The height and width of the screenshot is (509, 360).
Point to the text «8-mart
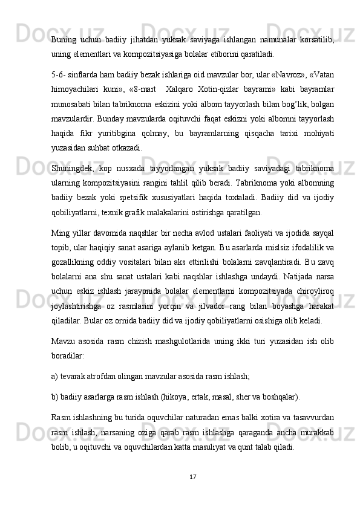point(141,87)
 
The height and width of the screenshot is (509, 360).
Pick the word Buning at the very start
point(64,39)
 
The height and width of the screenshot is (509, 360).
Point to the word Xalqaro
point(178,87)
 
